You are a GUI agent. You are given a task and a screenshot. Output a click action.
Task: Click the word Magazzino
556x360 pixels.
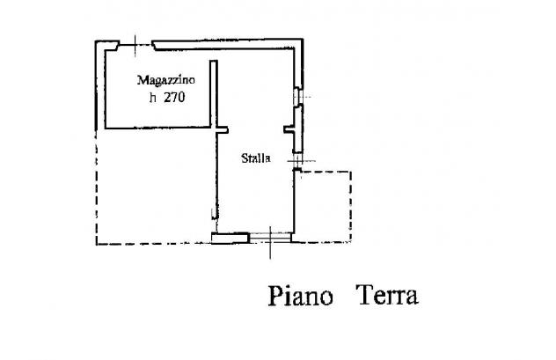point(166,80)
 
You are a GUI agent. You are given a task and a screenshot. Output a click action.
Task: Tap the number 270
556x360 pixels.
point(174,98)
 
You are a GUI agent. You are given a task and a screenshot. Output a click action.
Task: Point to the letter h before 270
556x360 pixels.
point(153,98)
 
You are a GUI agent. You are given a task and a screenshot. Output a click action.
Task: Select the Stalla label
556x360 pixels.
point(256,158)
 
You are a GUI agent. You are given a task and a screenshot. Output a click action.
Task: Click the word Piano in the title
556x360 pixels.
point(300,296)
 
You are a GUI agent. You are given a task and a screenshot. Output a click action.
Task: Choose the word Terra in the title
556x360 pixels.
point(388,295)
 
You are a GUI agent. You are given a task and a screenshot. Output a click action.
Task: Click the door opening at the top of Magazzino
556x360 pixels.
point(135,46)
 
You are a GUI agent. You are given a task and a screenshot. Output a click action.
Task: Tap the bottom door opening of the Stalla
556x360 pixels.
point(270,238)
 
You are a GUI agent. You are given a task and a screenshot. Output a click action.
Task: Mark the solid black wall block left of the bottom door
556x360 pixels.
point(230,238)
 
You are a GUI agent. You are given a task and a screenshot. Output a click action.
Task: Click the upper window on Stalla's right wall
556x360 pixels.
point(297,97)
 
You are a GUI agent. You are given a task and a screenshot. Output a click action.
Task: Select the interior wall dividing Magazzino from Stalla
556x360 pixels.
point(213,94)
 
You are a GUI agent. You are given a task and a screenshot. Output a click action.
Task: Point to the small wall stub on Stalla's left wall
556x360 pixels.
point(222,130)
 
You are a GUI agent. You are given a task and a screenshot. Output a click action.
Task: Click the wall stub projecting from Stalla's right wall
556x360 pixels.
point(289,129)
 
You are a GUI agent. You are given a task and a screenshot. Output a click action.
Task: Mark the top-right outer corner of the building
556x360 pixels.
point(304,39)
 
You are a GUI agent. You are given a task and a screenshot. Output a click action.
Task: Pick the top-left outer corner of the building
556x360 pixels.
point(95,41)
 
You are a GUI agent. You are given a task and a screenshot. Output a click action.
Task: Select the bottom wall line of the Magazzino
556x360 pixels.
point(157,128)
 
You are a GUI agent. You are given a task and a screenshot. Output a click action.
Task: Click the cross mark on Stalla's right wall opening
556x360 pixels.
point(299,161)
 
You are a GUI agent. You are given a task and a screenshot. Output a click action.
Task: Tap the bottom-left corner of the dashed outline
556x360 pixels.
point(97,244)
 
